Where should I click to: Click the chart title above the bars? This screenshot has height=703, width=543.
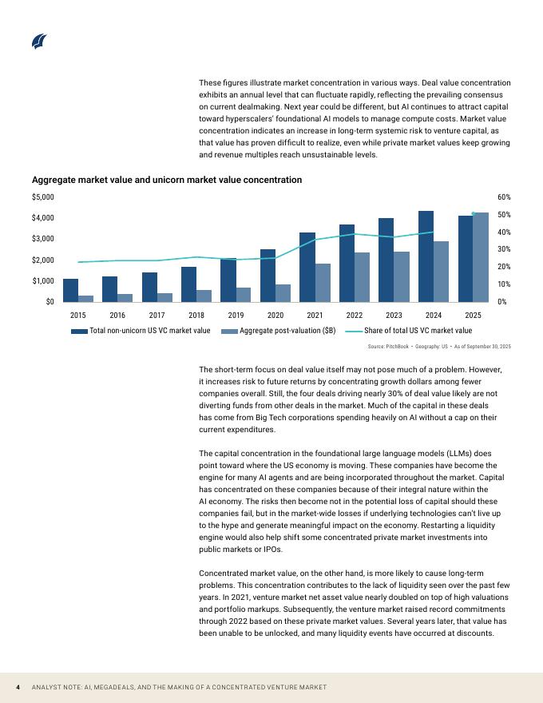(167, 180)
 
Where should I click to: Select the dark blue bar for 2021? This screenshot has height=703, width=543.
(307, 267)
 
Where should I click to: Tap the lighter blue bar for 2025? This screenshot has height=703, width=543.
(481, 256)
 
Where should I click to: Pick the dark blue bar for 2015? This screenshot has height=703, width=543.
(71, 290)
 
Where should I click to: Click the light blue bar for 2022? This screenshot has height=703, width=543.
(363, 277)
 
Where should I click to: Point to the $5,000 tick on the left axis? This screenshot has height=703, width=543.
(43, 197)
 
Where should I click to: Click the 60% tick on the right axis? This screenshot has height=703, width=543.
(504, 197)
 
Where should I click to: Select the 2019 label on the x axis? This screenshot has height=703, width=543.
(236, 316)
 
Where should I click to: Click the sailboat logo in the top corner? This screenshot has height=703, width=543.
(39, 42)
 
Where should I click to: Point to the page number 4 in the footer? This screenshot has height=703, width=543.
(18, 688)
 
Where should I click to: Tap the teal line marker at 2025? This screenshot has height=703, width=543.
(474, 213)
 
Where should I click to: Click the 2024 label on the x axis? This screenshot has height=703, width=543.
(434, 316)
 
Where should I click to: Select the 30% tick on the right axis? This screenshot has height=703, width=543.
(504, 249)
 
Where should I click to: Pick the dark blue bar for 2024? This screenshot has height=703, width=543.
(426, 256)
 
